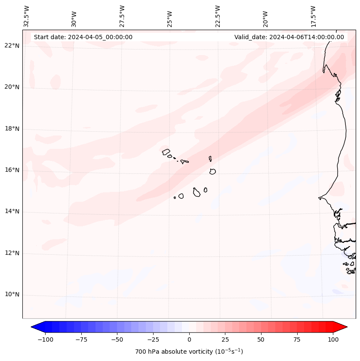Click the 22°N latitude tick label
(x=12, y=46)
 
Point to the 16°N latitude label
(x=12, y=170)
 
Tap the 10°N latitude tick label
(x=12, y=295)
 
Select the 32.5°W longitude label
(x=27, y=16)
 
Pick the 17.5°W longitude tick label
(x=313, y=16)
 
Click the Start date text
(x=83, y=37)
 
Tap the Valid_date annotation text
(x=289, y=37)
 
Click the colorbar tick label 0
(x=189, y=339)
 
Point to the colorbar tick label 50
(x=261, y=339)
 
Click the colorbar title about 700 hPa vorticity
(x=189, y=352)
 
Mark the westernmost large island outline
(x=166, y=151)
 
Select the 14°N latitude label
(x=12, y=211)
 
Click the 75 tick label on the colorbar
(x=297, y=339)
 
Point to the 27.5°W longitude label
(x=122, y=16)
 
